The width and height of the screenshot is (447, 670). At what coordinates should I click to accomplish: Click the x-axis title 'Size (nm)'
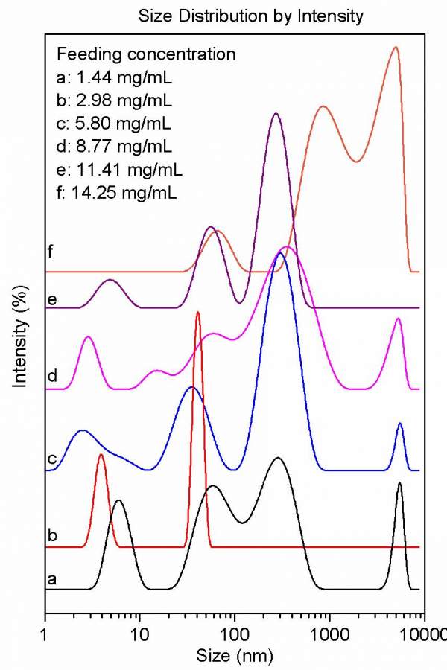click(236, 656)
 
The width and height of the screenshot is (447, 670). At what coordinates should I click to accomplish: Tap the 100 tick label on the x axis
click(235, 635)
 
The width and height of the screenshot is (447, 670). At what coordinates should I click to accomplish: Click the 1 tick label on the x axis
click(46, 635)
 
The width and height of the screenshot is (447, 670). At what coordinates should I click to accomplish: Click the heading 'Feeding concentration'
click(146, 54)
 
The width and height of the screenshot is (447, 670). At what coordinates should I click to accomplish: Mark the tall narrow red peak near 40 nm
click(198, 313)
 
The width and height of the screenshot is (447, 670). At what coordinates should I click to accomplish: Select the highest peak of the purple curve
click(276, 114)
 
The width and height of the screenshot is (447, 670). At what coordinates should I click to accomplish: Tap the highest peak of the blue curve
click(280, 254)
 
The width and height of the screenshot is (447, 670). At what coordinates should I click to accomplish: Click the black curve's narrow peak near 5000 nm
click(400, 483)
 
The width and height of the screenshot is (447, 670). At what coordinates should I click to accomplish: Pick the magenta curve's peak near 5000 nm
click(399, 319)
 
